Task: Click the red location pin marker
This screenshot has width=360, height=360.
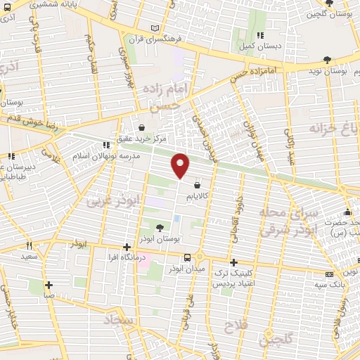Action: click(x=181, y=165)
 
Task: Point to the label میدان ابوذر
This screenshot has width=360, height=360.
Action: click(x=186, y=269)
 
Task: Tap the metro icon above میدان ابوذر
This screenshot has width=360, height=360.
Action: click(x=186, y=258)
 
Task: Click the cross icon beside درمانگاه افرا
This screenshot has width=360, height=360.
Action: click(x=127, y=247)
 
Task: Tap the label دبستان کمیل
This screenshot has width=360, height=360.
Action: click(x=262, y=46)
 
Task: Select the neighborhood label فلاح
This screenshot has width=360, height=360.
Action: click(x=234, y=326)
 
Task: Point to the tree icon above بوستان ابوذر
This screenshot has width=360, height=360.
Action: click(x=160, y=228)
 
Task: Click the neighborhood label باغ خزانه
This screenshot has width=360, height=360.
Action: click(x=333, y=128)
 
